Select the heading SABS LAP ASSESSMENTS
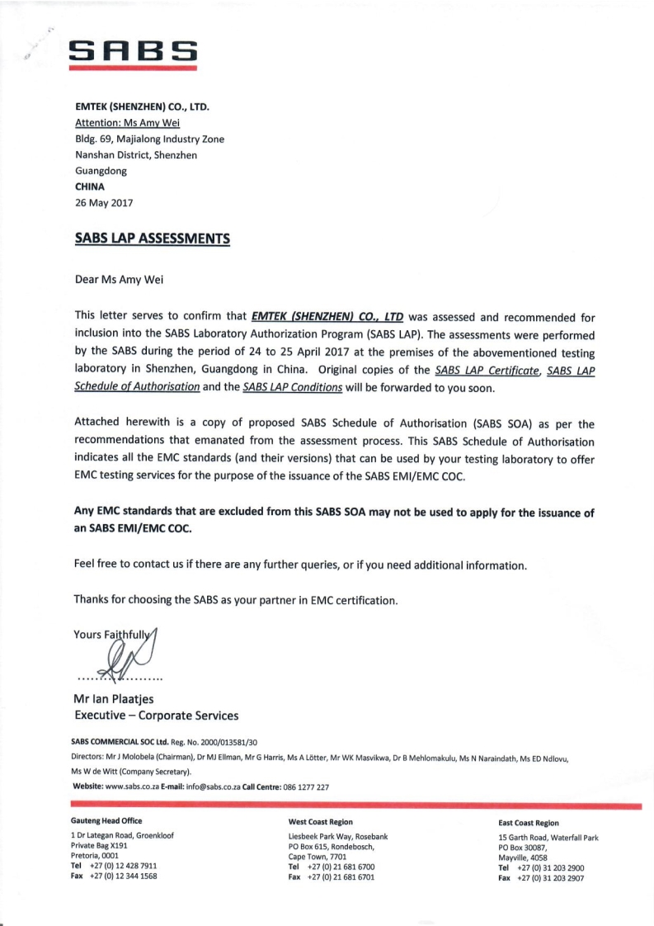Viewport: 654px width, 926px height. pos(152,239)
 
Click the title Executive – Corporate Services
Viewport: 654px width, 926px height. pos(157,715)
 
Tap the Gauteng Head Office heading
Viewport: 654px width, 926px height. pos(106,820)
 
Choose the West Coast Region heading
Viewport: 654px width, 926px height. pos(321,822)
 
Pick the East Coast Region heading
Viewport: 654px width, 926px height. pos(529,823)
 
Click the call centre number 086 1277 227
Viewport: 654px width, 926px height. pos(305,787)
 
